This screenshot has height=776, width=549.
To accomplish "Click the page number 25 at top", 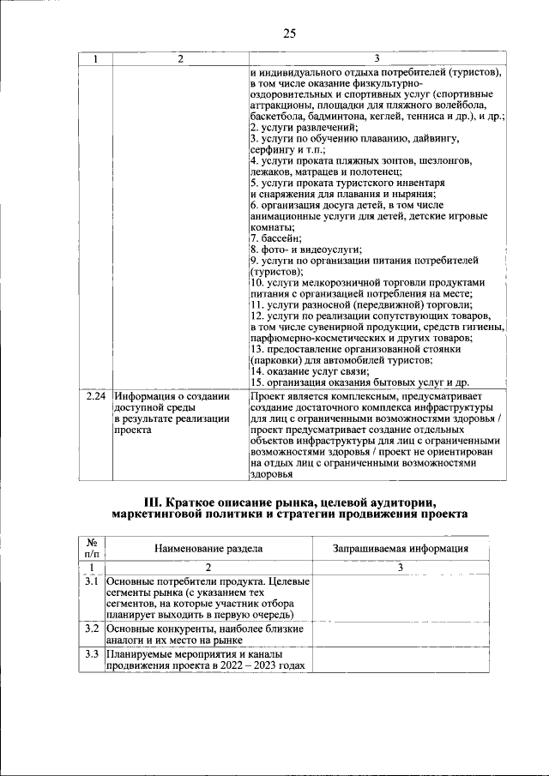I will click(x=289, y=33).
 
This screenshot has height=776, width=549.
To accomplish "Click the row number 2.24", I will click(x=96, y=396).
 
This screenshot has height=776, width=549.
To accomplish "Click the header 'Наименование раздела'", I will click(x=208, y=548).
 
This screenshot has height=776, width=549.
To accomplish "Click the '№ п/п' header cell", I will click(x=92, y=548).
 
